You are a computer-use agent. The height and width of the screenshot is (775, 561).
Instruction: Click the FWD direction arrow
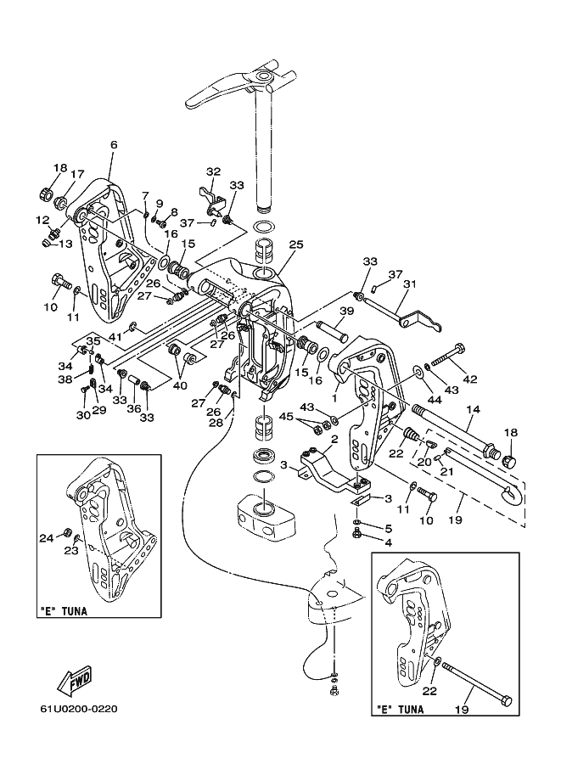point(74,680)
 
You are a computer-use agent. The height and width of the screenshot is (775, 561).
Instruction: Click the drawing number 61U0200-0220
point(79,710)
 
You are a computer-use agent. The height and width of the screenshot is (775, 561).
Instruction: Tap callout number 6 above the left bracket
point(115,145)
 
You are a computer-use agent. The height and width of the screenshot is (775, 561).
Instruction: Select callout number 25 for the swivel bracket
point(296,244)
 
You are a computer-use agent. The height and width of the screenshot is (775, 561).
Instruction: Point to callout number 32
point(213,171)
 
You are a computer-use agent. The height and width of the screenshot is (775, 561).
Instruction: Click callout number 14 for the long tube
point(474,409)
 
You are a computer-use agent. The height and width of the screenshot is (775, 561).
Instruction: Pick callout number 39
point(347,311)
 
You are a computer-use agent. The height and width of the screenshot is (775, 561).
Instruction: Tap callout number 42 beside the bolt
point(470,379)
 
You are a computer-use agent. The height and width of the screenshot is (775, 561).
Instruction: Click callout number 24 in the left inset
point(47,538)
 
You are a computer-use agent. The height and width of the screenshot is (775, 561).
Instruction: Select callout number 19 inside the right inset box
point(462,710)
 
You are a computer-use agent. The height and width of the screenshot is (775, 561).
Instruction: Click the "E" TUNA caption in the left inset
point(64,611)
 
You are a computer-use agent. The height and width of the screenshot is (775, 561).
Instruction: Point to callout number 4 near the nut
point(388,542)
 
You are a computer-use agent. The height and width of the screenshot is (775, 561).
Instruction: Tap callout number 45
point(286,417)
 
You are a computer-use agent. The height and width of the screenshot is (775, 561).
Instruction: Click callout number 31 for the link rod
point(410,284)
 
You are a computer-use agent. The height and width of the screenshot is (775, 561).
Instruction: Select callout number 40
point(180,385)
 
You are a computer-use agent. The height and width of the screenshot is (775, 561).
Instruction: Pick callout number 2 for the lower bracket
point(334,439)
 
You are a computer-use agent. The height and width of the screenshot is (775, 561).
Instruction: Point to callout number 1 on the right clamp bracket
point(334,397)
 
